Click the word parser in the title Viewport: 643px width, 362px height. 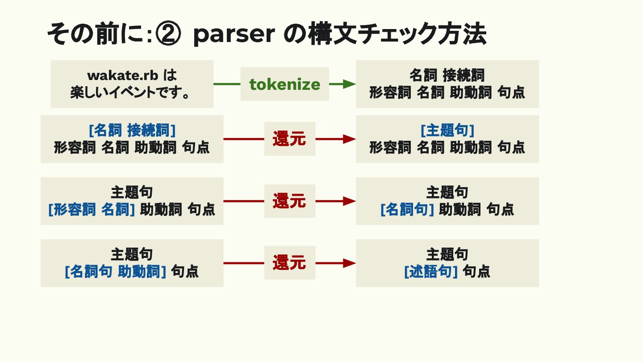tap(234, 35)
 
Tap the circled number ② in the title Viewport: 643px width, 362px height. tap(169, 35)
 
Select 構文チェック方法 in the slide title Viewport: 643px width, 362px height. tap(397, 34)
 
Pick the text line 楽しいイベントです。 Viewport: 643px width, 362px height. tap(132, 93)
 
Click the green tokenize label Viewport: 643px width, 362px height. tap(284, 84)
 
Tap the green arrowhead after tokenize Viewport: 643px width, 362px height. tap(349, 84)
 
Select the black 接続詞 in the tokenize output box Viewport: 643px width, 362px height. tap(463, 75)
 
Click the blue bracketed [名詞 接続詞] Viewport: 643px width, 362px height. tap(132, 130)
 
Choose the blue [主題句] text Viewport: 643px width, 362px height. tap(447, 130)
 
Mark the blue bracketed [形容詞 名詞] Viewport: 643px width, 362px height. tap(92, 209)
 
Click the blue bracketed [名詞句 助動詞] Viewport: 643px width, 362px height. tap(116, 271)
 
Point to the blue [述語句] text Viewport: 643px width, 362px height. tap(431, 271)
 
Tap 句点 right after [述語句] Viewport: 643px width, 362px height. tap(476, 271)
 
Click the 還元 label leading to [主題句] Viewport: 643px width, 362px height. tap(289, 139)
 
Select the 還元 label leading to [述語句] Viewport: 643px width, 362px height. tap(289, 263)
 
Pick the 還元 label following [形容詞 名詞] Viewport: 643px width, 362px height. tap(289, 201)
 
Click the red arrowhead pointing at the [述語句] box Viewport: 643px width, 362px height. tap(349, 263)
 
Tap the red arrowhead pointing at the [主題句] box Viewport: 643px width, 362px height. tap(349, 139)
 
